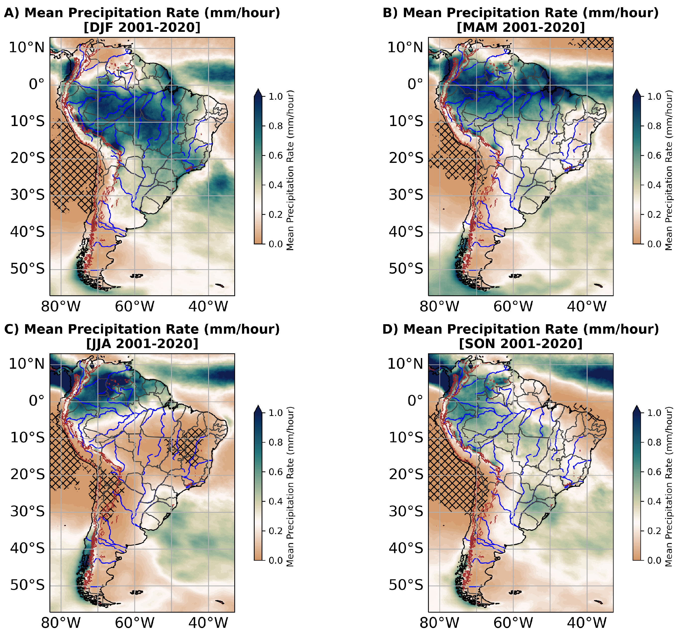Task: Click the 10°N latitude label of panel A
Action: click(27, 47)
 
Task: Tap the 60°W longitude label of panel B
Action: click(513, 306)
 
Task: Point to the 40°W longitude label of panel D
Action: click(586, 623)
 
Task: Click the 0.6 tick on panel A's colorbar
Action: click(275, 155)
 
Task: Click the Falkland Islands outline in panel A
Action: click(137, 275)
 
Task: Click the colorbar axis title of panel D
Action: click(668, 486)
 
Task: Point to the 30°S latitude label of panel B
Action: click(406, 195)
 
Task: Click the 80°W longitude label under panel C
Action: click(61, 623)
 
